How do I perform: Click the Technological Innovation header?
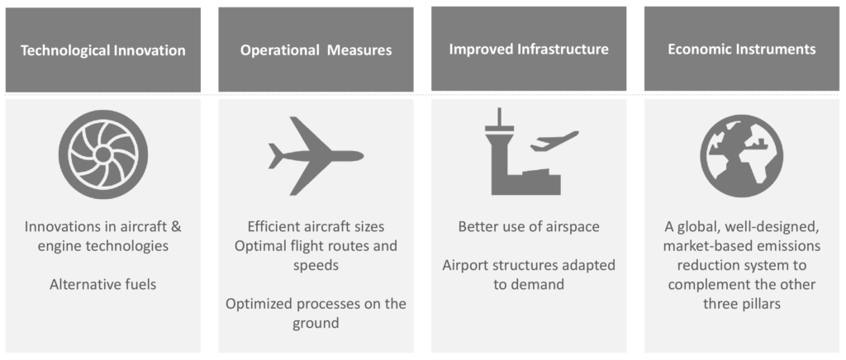tap(103, 50)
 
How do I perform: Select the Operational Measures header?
tap(316, 50)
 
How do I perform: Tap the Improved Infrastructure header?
tap(529, 49)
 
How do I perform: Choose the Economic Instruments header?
tap(742, 49)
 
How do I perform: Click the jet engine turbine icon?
tap(102, 155)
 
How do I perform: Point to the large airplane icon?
tap(316, 156)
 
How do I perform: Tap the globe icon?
tap(743, 156)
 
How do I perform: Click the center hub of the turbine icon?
tap(102, 155)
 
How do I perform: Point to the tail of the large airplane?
tap(276, 156)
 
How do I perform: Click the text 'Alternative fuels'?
tap(103, 284)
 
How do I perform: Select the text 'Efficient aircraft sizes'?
tap(316, 226)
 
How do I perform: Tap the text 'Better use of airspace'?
tap(529, 226)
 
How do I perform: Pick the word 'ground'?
tap(316, 324)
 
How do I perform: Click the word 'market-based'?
tap(700, 246)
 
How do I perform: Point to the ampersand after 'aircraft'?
tap(176, 226)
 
